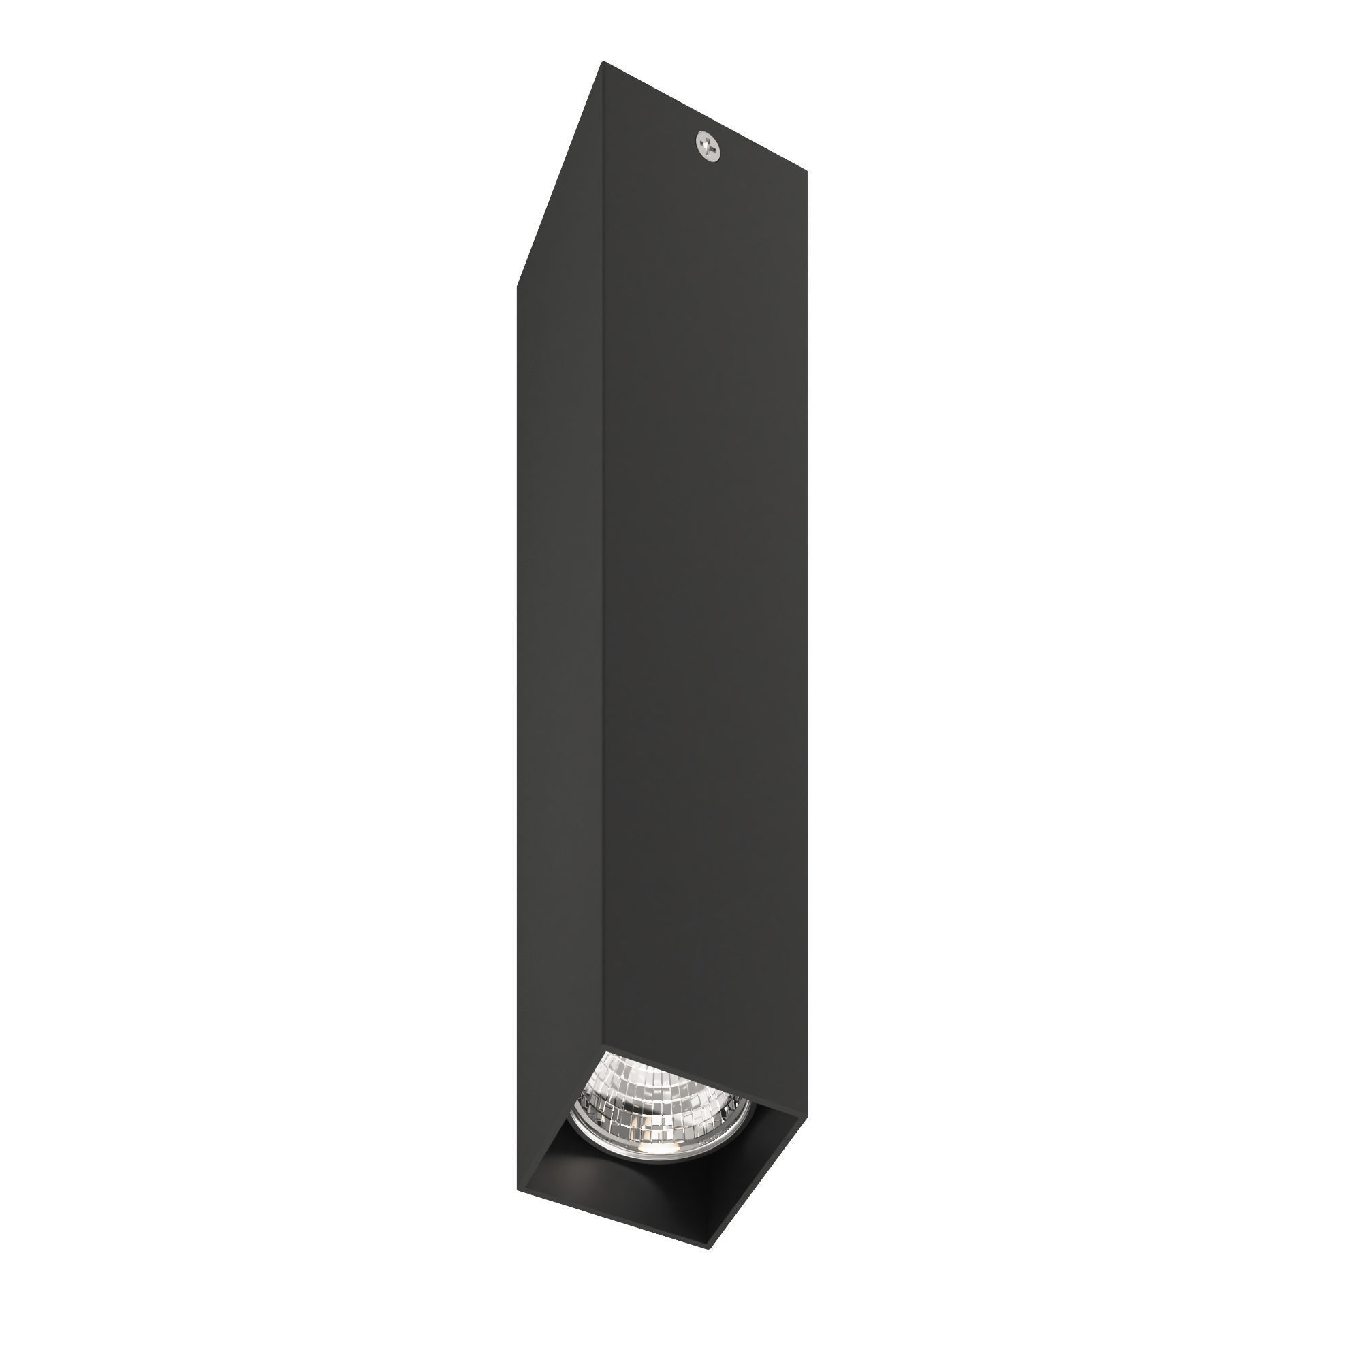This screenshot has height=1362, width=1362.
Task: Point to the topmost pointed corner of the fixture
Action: pos(603,63)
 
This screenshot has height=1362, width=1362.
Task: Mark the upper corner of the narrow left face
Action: pos(519,285)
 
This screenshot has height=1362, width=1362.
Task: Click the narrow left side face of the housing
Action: pos(560,635)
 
